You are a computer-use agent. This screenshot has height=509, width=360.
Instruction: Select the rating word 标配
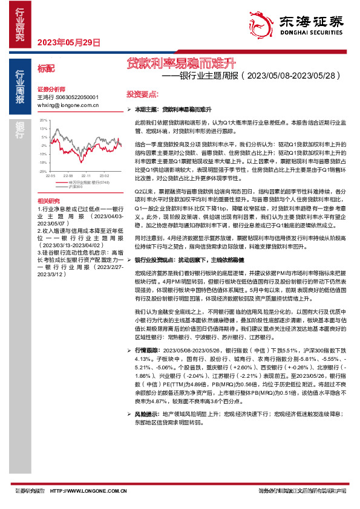click(46, 69)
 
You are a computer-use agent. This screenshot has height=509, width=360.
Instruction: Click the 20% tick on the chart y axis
click(43, 120)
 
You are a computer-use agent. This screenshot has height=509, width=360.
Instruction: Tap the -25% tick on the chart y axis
click(42, 171)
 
